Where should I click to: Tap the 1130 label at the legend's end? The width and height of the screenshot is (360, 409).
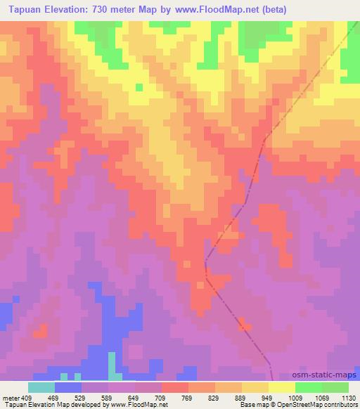coord(347,398)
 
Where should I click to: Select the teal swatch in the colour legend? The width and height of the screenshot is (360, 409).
coord(41,388)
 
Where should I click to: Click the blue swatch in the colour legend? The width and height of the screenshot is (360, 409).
coord(67,388)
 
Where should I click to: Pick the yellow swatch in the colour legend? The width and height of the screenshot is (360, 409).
coord(281,388)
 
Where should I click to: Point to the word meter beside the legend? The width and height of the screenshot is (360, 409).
coord(10,398)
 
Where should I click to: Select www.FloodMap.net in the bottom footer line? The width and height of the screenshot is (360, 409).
coord(143,405)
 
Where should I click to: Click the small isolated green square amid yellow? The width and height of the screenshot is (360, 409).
coord(139,87)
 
